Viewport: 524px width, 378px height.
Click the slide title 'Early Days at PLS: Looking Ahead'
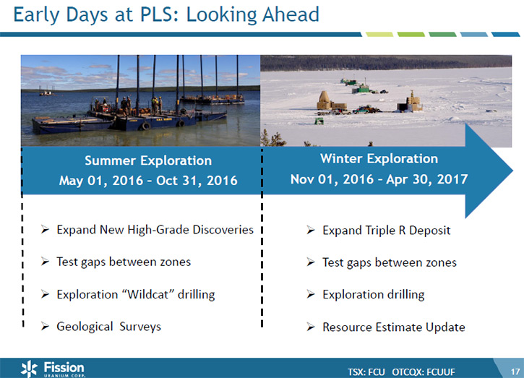pos(166,15)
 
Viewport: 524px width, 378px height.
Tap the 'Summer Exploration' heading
pos(148,160)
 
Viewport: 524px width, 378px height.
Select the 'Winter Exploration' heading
pos(379,158)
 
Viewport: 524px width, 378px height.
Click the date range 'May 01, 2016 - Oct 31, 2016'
pos(148,181)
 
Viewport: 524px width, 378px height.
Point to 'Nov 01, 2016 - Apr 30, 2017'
pos(379,179)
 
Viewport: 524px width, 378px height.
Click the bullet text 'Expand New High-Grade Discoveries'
pos(155,230)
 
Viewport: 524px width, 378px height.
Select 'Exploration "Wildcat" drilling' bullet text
pos(136,294)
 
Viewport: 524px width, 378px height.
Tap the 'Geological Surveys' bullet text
pos(108,327)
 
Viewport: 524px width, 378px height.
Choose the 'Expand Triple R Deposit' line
pos(387,231)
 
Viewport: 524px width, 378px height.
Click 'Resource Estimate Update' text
pos(394,327)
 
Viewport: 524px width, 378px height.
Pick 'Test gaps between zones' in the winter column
pos(390,262)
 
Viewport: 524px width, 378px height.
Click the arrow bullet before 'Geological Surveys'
pos(45,326)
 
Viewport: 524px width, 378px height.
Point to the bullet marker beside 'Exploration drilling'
pos(311,294)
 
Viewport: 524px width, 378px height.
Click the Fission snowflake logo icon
pos(30,369)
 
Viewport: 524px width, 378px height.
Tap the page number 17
pos(515,371)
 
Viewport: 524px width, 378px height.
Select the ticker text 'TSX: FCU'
pos(366,371)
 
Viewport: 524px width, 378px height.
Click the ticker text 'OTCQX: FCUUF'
pos(424,371)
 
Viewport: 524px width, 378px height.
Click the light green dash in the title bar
pos(379,35)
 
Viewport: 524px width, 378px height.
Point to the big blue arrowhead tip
pos(512,171)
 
